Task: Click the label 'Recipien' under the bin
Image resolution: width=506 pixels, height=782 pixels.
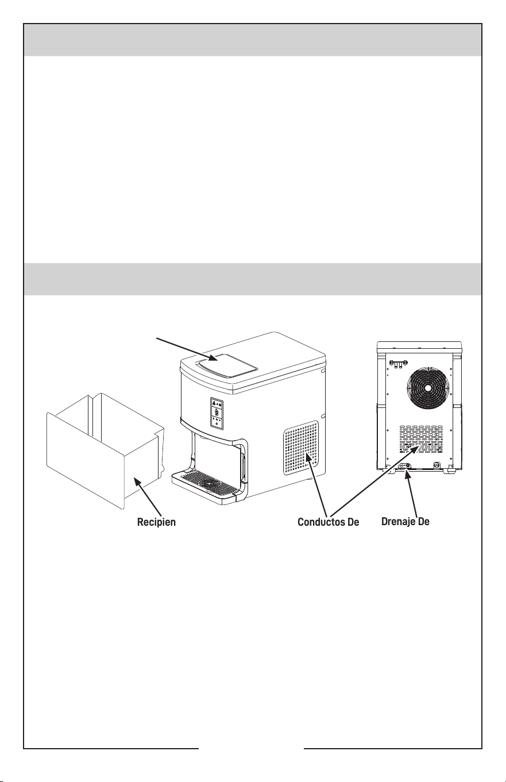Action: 156,522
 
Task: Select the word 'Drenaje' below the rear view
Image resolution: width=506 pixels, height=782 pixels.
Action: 397,522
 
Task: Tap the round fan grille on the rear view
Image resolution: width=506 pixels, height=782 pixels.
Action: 427,388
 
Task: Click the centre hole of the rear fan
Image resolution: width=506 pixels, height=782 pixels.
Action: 427,388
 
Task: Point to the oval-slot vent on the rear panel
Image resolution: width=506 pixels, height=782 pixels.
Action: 421,439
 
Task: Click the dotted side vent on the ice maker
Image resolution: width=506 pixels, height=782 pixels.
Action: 301,448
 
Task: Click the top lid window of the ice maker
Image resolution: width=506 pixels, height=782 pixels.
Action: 227,365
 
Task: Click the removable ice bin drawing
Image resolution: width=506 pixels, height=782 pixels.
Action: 105,450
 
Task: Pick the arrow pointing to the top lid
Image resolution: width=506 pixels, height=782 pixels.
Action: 187,349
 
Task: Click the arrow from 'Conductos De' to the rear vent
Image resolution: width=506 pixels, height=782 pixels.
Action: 374,481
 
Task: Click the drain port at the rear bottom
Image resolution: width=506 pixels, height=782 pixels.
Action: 404,466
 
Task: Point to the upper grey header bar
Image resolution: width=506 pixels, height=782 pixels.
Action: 253,40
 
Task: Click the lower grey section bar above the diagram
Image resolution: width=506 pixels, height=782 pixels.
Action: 253,279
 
